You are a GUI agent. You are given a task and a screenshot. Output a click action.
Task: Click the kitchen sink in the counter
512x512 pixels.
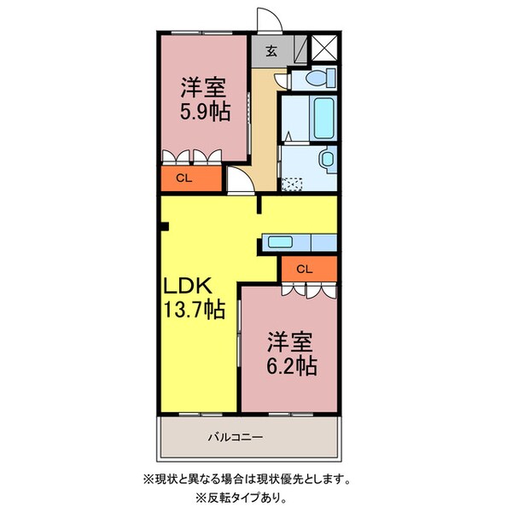281,241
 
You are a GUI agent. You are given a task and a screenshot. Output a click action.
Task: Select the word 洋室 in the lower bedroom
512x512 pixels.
291,342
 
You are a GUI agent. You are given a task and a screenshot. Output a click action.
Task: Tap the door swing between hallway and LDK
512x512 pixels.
238,179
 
